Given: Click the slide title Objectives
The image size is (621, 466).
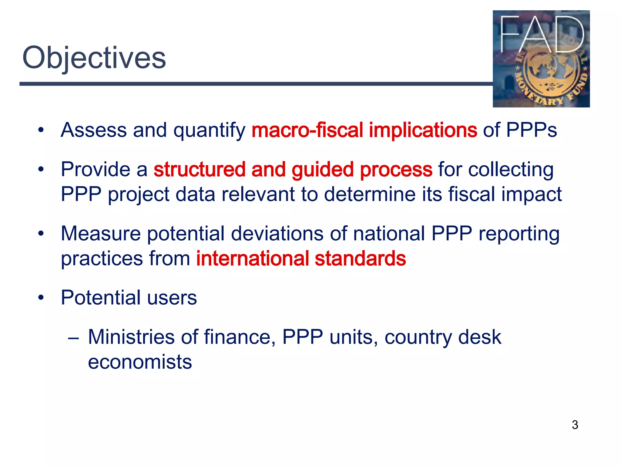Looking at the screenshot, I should (x=94, y=58).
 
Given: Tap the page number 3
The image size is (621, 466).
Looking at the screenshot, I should (x=575, y=425).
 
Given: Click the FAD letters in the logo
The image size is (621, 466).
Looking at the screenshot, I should (x=541, y=35).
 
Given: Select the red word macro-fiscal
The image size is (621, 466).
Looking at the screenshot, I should (x=307, y=130).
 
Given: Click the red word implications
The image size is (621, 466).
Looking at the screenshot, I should (x=423, y=130).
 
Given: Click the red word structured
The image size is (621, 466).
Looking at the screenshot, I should (x=199, y=169).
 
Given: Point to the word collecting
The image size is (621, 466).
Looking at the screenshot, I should (x=511, y=169).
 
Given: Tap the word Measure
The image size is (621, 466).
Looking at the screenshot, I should (x=101, y=234).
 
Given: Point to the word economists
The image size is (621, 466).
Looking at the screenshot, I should (x=140, y=362).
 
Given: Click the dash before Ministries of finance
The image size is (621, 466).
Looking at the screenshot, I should (x=73, y=337).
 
